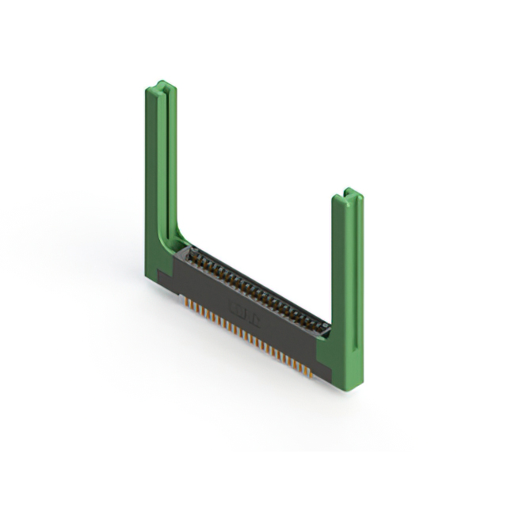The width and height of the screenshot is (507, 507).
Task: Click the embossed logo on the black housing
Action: (237, 304)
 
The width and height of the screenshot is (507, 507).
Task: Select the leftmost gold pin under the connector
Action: (187, 303)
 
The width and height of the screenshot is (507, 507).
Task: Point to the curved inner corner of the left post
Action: (181, 237)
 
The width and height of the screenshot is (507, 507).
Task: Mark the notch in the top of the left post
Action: (162, 85)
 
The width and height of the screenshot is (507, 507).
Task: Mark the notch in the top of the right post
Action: (349, 193)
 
